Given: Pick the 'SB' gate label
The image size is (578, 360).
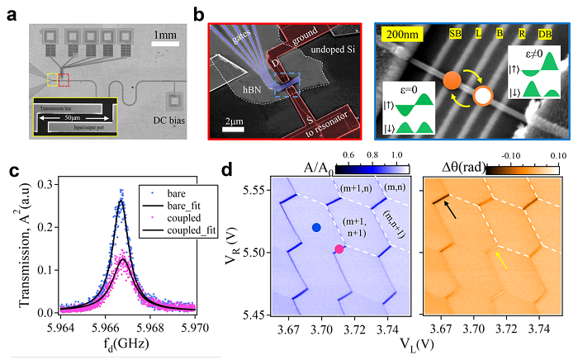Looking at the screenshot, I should point(455,34).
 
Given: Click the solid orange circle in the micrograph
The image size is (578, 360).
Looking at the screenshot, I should point(451,83).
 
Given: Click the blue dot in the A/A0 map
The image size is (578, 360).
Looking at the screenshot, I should point(316,227).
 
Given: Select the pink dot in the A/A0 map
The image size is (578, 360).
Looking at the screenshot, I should point(339,249).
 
